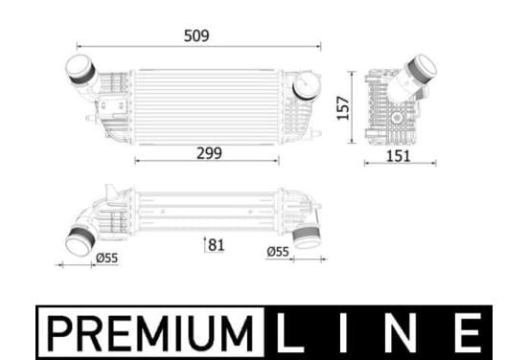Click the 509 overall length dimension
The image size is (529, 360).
pos(196,35)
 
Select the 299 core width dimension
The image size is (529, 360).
pos(209,153)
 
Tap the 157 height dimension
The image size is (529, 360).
pos(343,108)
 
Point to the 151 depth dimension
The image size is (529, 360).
pos(398,156)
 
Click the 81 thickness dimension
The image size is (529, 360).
pos(217,245)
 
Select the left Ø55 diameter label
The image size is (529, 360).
pos(107,258)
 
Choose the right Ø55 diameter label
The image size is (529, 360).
pos(278,252)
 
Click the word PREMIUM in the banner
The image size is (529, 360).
pos(150,332)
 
